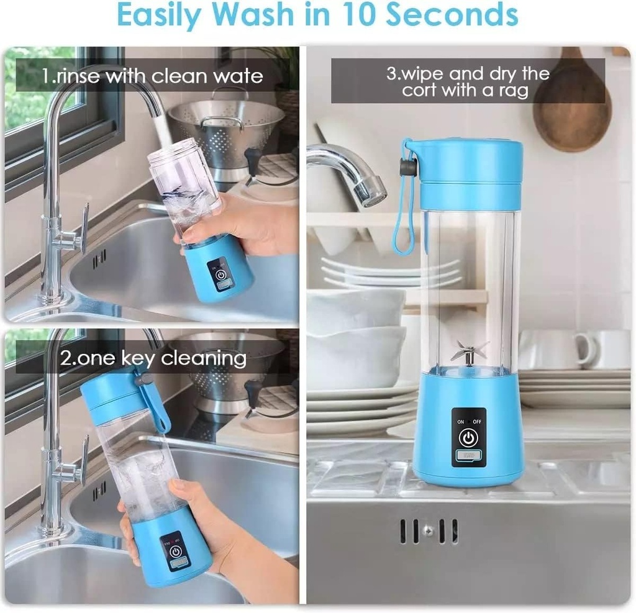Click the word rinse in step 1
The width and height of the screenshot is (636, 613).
(x=78, y=76)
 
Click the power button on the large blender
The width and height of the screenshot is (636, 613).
(x=468, y=438)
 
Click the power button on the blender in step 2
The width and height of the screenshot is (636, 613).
(x=175, y=552)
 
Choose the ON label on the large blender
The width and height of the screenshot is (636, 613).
(x=461, y=422)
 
